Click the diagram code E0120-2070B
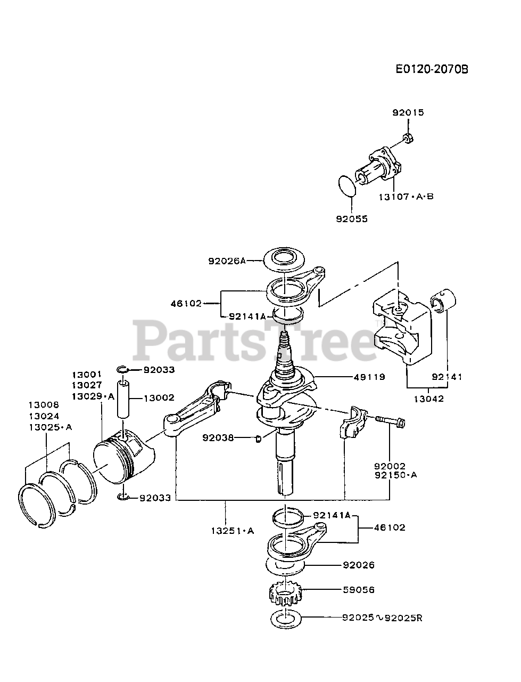click(432, 69)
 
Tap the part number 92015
click(408, 113)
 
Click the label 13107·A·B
click(406, 196)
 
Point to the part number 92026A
click(228, 261)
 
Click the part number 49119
click(369, 377)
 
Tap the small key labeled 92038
click(259, 439)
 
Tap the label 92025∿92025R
click(382, 618)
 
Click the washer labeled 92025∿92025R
click(286, 620)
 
